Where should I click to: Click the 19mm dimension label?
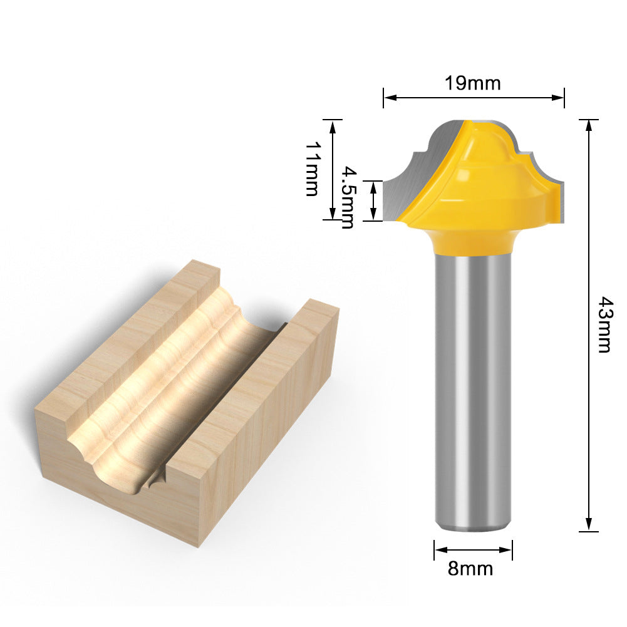click(x=473, y=83)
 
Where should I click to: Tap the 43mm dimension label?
click(x=604, y=324)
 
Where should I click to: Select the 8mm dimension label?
click(x=470, y=568)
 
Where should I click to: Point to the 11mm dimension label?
click(x=313, y=168)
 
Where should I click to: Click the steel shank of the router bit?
click(x=474, y=392)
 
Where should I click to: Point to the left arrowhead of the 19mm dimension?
click(x=390, y=97)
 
